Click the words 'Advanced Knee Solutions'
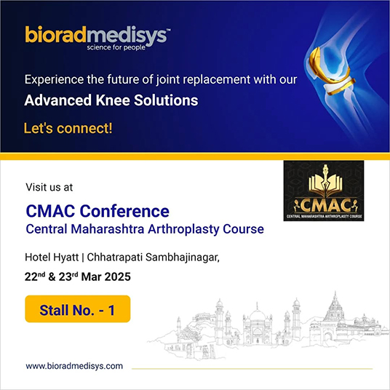(111, 100)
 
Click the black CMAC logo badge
(323, 191)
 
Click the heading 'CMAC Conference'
(97, 212)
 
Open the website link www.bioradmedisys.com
(74, 365)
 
